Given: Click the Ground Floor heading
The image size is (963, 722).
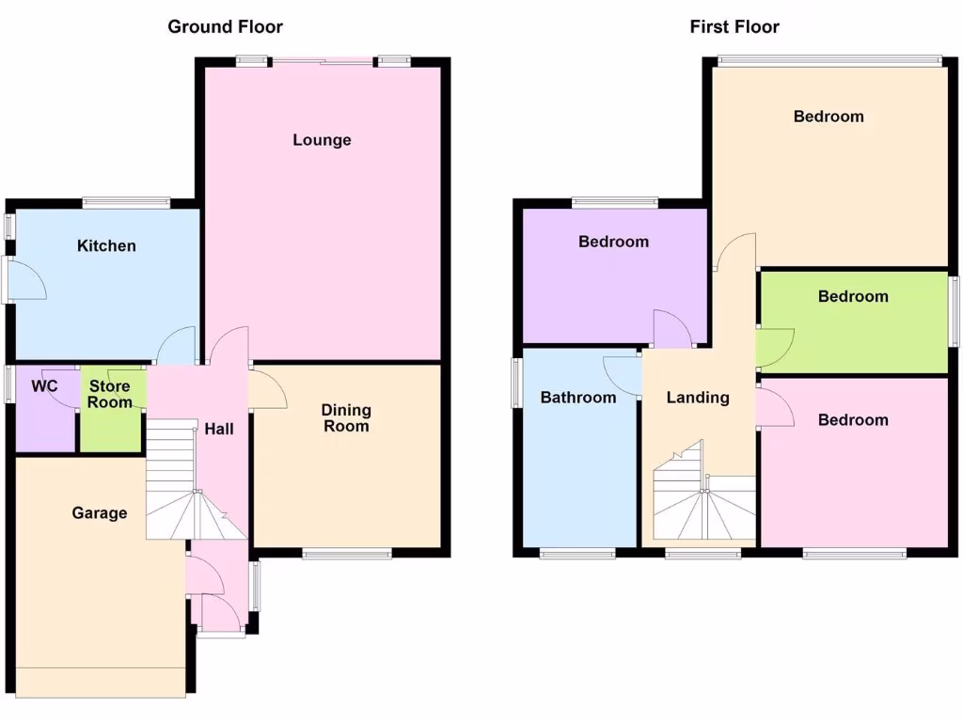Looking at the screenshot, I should pyautogui.click(x=225, y=26).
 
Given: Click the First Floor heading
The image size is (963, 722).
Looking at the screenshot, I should pyautogui.click(x=734, y=26).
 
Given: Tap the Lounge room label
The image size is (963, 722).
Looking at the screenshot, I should pyautogui.click(x=322, y=140).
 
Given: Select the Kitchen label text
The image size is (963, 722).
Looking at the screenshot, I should pyautogui.click(x=106, y=245).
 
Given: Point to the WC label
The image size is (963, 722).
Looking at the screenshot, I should pyautogui.click(x=45, y=386).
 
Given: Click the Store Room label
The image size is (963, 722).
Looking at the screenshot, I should pyautogui.click(x=110, y=395).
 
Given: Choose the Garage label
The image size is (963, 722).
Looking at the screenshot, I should pyautogui.click(x=100, y=512).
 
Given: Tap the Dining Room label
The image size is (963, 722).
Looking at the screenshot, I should pyautogui.click(x=346, y=418).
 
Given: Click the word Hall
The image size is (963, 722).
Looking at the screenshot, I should pyautogui.click(x=219, y=429).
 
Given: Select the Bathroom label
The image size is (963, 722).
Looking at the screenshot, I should pyautogui.click(x=578, y=398).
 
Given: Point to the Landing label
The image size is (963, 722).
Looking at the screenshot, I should pyautogui.click(x=698, y=398).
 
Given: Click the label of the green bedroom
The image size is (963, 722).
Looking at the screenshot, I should pyautogui.click(x=853, y=296).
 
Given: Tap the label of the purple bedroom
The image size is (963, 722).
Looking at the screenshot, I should pyautogui.click(x=613, y=242).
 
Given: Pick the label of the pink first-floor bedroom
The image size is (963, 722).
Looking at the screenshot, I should pyautogui.click(x=853, y=419).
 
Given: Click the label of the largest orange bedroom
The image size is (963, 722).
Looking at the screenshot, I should pyautogui.click(x=829, y=117).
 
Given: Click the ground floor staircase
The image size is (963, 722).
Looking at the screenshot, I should pyautogui.click(x=184, y=489).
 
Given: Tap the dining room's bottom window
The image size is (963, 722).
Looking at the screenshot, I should pyautogui.click(x=347, y=555).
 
